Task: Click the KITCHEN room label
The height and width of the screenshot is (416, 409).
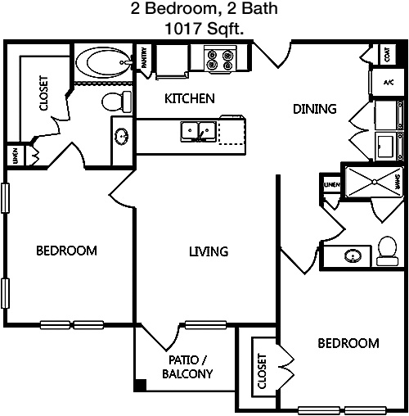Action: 190,98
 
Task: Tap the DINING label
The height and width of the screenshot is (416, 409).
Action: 315,109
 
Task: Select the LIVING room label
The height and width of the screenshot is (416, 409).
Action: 209,251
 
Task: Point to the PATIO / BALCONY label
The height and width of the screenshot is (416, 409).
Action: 187,367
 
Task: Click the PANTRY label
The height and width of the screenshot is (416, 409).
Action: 144,57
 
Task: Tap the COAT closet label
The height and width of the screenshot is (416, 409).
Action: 387,55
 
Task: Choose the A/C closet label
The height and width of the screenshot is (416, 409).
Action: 389,82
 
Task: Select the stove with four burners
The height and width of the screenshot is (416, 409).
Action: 220,60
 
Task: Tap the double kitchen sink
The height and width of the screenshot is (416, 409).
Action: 199,132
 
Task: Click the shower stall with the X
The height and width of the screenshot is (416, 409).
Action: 375,182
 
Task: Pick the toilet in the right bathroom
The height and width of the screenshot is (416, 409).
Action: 387,251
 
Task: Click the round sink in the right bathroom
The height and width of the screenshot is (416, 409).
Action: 353,256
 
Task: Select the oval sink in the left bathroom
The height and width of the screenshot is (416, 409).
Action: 121,136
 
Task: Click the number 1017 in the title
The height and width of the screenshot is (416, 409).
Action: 183,29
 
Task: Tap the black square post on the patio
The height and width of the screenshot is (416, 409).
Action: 141,385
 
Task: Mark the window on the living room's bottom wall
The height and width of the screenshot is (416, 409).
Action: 206,325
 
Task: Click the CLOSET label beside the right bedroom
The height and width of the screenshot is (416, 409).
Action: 262,371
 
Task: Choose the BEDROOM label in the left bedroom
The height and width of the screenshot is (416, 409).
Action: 66,251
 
